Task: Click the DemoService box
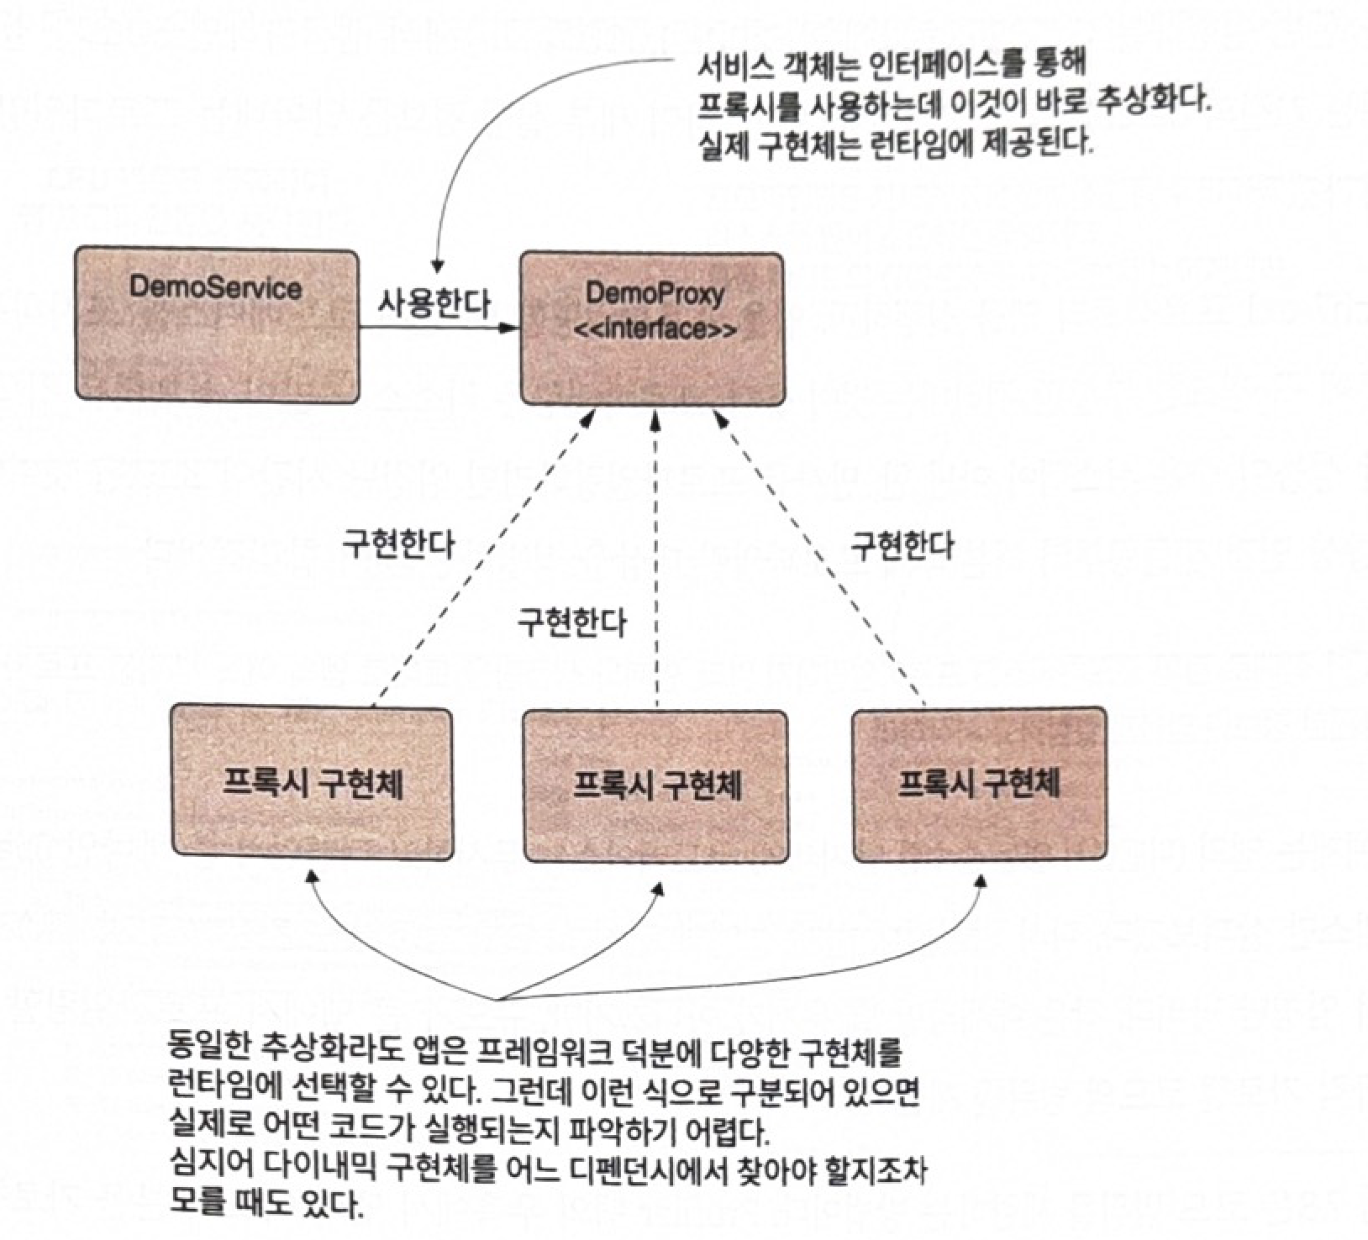tap(217, 323)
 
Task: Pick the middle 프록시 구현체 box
tap(655, 786)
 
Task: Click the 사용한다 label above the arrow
tap(434, 302)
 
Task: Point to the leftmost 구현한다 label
tap(397, 544)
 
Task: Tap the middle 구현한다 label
tap(571, 623)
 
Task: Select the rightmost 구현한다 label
tap(902, 545)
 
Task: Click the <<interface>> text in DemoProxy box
tap(656, 328)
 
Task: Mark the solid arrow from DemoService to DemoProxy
tap(437, 328)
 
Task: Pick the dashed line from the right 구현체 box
tap(819, 554)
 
